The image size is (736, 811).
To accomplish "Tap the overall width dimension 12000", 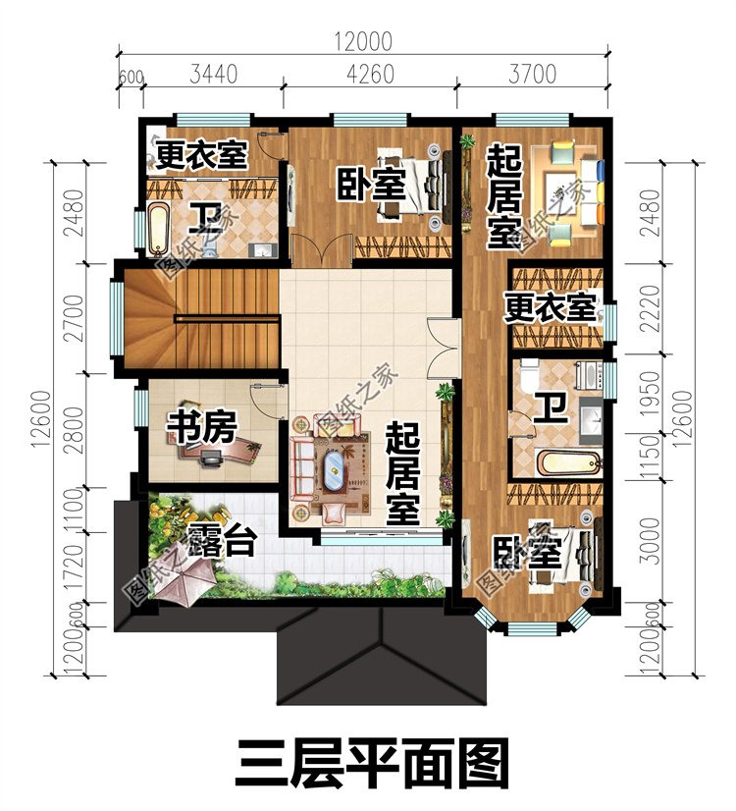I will (x=362, y=41).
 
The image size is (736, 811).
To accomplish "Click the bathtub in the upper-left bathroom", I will (x=158, y=227).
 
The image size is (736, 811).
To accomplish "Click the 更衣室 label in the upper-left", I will (x=202, y=155).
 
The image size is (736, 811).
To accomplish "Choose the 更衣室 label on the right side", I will (x=552, y=307).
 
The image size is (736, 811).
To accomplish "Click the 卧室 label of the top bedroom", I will (x=373, y=184).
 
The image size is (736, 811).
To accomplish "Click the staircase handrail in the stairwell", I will (x=228, y=318).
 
